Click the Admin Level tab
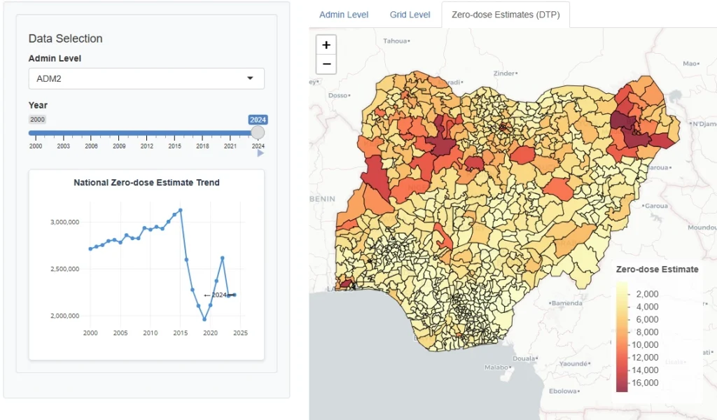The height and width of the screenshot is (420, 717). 343,15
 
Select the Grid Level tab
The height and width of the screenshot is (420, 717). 410,15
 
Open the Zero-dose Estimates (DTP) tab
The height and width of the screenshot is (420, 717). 506,15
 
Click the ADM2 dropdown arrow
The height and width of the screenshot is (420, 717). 250,78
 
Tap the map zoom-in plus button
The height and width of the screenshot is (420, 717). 326,45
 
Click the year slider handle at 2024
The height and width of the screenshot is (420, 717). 258,132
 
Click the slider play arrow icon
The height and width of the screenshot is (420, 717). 260,153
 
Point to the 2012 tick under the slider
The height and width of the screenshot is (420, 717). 147,146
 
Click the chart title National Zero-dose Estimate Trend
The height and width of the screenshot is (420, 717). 146,183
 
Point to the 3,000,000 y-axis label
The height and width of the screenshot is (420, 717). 64,222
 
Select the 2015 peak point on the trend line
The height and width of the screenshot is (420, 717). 181,210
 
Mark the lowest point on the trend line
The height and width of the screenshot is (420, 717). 204,319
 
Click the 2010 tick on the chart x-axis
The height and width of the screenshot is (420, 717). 150,333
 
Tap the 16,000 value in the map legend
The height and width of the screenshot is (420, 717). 645,383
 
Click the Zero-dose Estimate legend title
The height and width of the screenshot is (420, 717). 657,269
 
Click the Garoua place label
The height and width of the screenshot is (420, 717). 655,206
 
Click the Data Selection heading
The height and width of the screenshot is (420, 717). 65,38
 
